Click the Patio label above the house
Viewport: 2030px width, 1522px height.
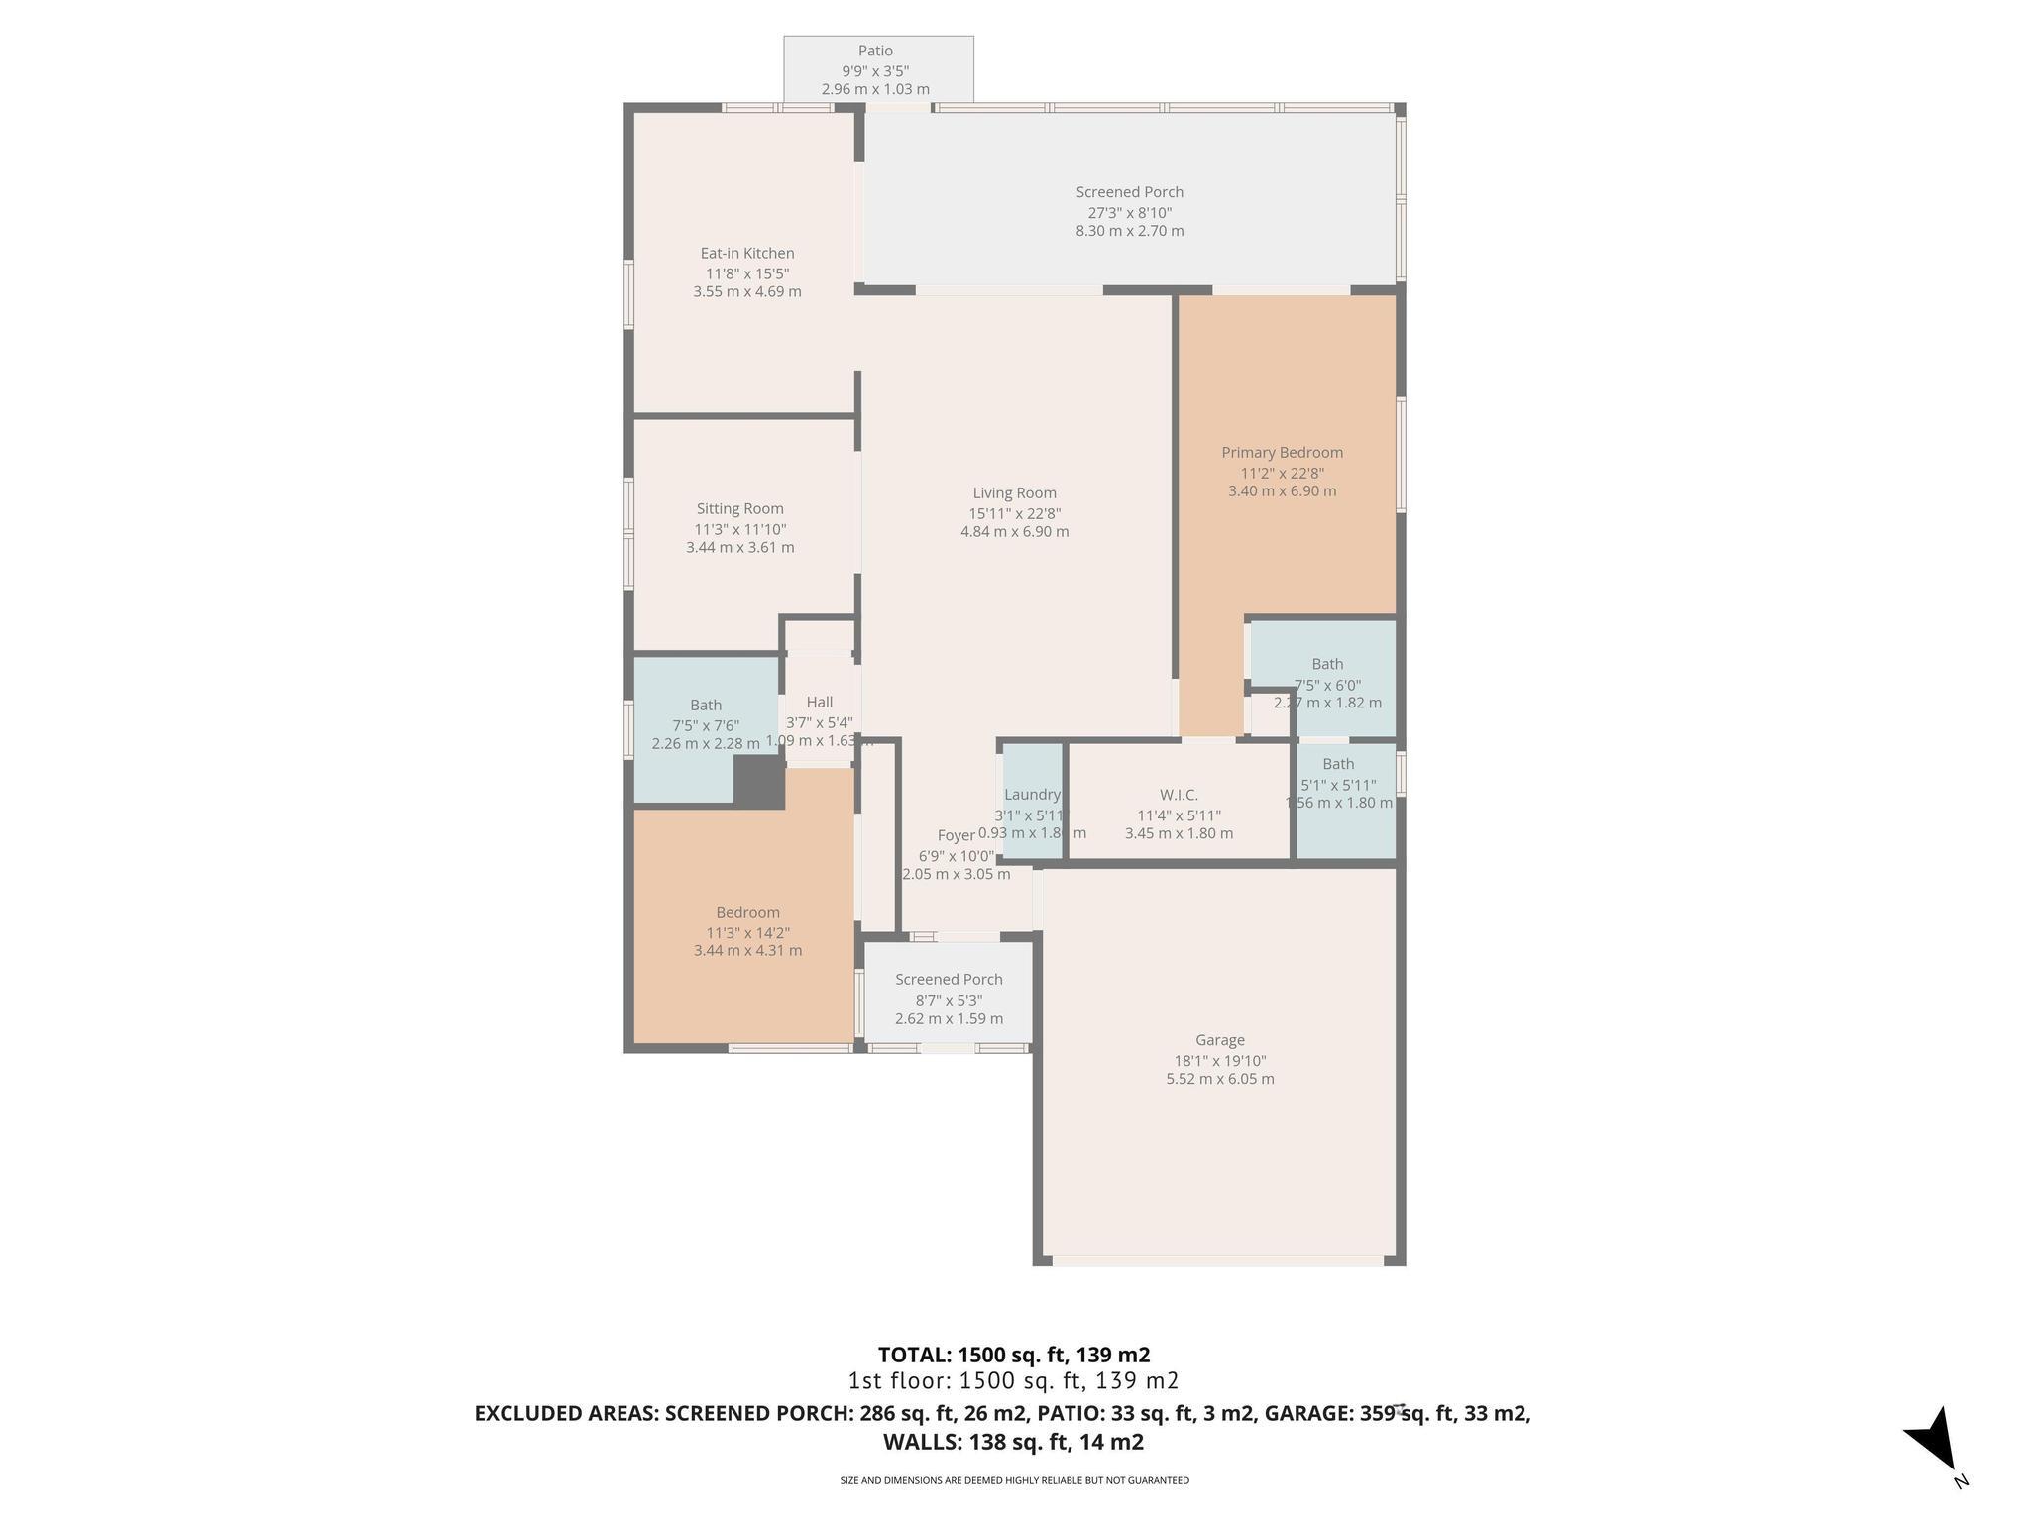point(875,51)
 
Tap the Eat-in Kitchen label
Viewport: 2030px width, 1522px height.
point(747,253)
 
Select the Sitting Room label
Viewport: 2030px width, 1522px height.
point(739,509)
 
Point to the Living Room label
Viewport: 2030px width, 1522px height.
point(1014,492)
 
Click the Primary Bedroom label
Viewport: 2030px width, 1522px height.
point(1282,452)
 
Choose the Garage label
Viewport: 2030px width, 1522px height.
point(1219,1040)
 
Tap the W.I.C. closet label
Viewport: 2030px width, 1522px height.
point(1179,795)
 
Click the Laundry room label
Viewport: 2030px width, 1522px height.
point(1032,794)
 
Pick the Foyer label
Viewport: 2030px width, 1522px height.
point(956,835)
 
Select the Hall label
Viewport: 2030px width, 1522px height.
point(819,702)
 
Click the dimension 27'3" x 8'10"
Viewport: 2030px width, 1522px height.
point(1130,212)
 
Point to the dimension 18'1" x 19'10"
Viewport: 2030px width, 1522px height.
point(1219,1060)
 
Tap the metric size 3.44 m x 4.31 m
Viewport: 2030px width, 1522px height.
point(747,950)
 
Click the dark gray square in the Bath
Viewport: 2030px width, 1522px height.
point(758,781)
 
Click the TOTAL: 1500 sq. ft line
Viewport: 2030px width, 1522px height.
point(1013,1355)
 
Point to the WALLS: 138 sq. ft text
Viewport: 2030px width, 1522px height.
point(1013,1442)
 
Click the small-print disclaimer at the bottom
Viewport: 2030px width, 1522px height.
point(1014,1480)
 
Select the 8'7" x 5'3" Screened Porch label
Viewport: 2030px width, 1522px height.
point(949,980)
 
